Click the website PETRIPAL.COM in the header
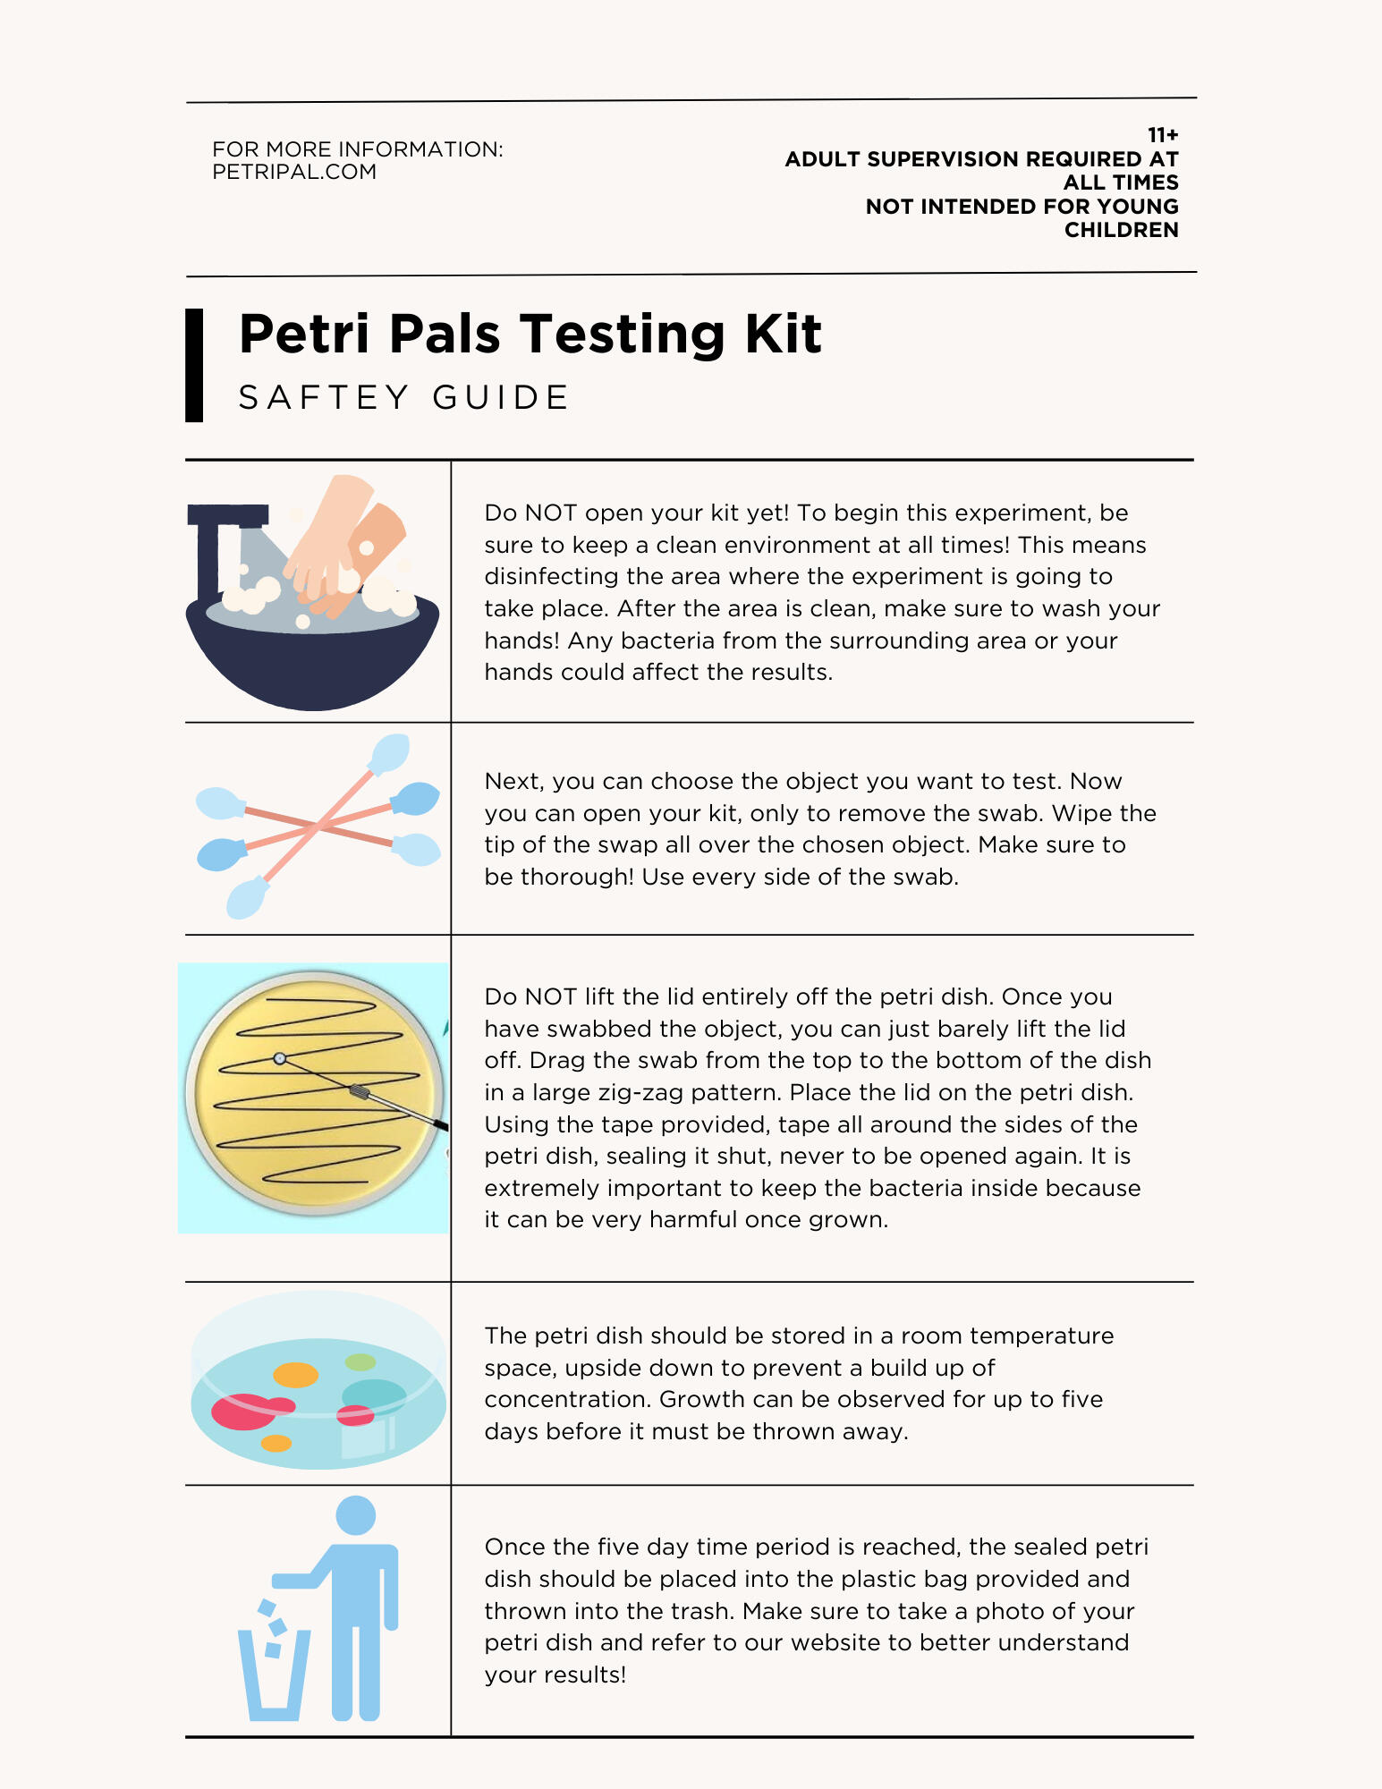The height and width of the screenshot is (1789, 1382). (294, 172)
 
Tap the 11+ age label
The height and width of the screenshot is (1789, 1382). (1163, 135)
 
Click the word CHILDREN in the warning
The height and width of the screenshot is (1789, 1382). (1121, 230)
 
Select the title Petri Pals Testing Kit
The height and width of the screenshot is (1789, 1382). (530, 335)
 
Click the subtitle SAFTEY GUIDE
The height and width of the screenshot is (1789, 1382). (403, 397)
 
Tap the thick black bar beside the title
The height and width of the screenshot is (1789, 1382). (194, 365)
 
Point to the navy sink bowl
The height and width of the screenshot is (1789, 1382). (312, 657)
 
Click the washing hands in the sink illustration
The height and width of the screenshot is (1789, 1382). (344, 546)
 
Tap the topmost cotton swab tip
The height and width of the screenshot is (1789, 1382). (390, 753)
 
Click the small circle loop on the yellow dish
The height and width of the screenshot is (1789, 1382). (280, 1059)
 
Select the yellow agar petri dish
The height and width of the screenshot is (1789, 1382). (314, 1093)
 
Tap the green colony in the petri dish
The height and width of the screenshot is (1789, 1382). (360, 1362)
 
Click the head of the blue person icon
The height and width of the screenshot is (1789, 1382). (355, 1515)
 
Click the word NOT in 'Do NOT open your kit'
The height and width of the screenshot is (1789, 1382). (549, 513)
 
